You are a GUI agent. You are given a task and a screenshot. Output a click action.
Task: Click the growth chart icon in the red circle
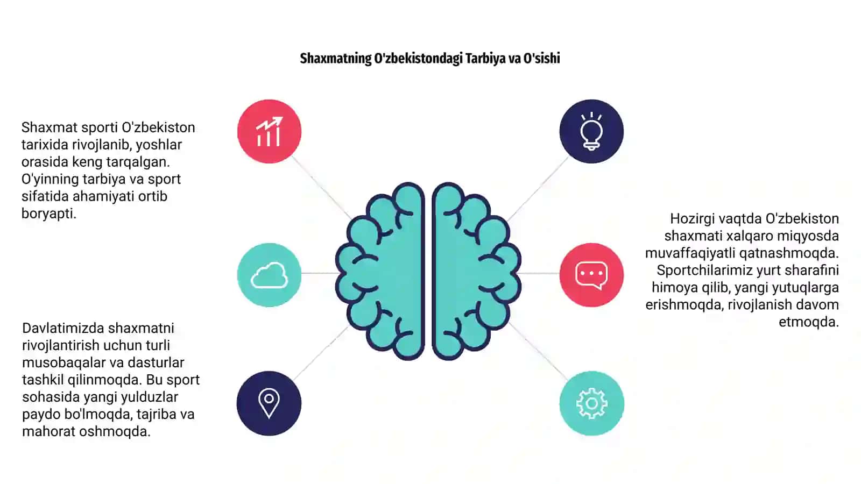[269, 131]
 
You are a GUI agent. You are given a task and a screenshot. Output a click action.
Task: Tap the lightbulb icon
[591, 131]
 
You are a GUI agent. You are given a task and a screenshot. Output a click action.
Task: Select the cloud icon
[269, 275]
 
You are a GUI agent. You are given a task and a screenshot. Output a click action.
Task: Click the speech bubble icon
[591, 275]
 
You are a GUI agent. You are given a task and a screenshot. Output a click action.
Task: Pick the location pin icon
[269, 403]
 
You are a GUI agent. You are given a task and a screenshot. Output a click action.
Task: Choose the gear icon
[591, 403]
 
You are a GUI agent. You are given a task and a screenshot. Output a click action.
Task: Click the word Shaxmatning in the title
[336, 59]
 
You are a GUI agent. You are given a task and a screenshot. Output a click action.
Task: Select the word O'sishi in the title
[541, 58]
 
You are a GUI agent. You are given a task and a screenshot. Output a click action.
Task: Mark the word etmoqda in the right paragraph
[809, 322]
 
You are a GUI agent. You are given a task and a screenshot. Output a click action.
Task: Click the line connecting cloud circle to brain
[319, 273]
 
